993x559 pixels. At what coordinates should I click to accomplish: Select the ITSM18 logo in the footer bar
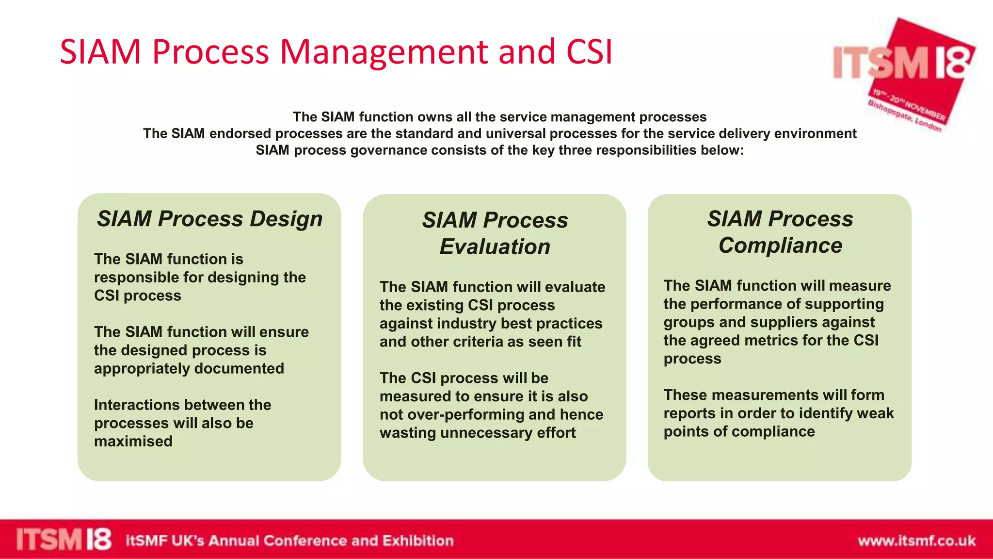coord(64,540)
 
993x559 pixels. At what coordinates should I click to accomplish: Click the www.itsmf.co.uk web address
coord(916,541)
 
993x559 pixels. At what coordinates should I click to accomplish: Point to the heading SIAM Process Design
coord(209,219)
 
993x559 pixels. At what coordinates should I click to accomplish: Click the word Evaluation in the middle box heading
coord(495,247)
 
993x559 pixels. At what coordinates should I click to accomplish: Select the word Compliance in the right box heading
coord(780,246)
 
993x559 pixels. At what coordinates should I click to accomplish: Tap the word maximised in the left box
coord(133,442)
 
